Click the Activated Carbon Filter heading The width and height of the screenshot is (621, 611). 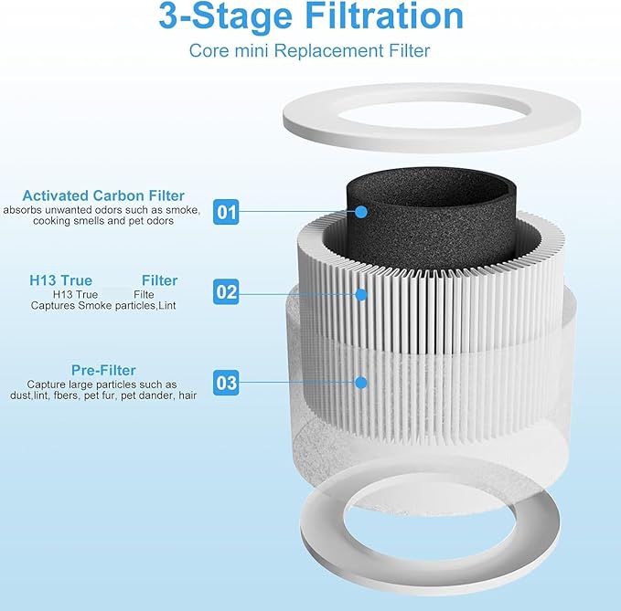103,195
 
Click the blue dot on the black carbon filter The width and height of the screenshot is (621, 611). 361,212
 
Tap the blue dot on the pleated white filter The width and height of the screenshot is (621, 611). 361,294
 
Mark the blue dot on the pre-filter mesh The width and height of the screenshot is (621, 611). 361,383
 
